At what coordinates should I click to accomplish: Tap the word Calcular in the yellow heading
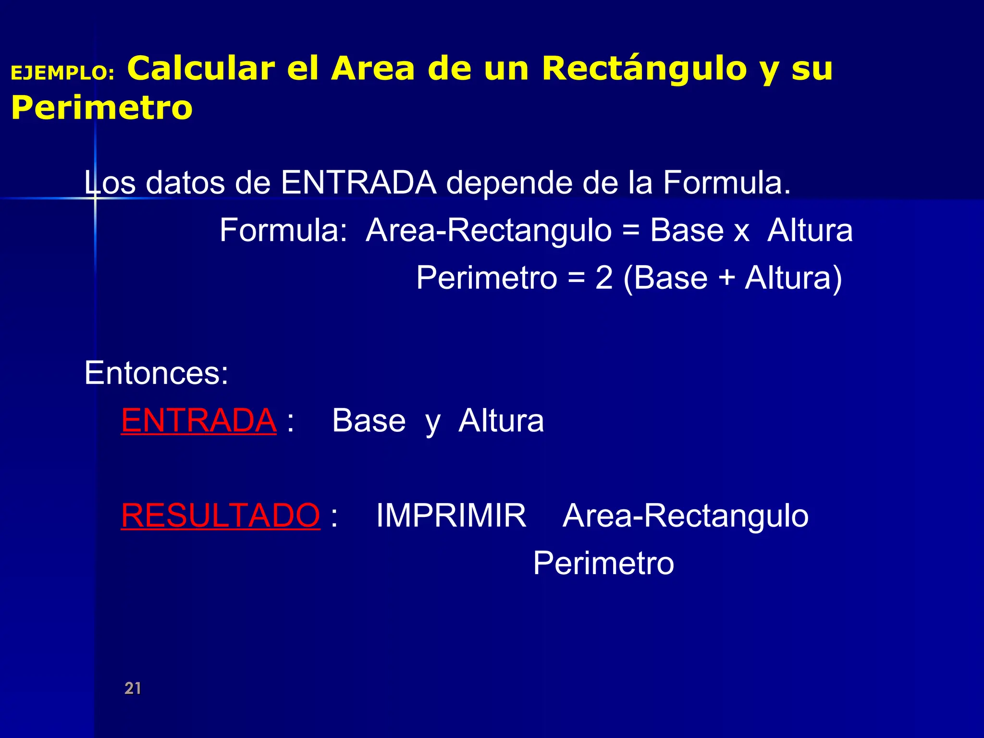coord(201,68)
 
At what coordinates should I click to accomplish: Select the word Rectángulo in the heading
coord(644,68)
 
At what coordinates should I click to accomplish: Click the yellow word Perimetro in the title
coord(102,108)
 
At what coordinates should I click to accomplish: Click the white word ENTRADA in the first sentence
coord(358,183)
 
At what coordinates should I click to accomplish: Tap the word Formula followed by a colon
coord(283,230)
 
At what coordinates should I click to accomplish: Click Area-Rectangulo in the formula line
coord(489,230)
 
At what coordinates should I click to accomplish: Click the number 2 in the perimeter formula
coord(604,278)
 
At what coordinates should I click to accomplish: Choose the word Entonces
coord(156,373)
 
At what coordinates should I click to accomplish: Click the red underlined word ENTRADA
coord(198,420)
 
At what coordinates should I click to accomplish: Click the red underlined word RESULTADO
coord(220,516)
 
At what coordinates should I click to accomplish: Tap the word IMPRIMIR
coord(451,516)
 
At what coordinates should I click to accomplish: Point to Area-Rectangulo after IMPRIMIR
coord(685,516)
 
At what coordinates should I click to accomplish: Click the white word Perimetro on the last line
coord(603,563)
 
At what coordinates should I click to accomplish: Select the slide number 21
coord(133,688)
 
